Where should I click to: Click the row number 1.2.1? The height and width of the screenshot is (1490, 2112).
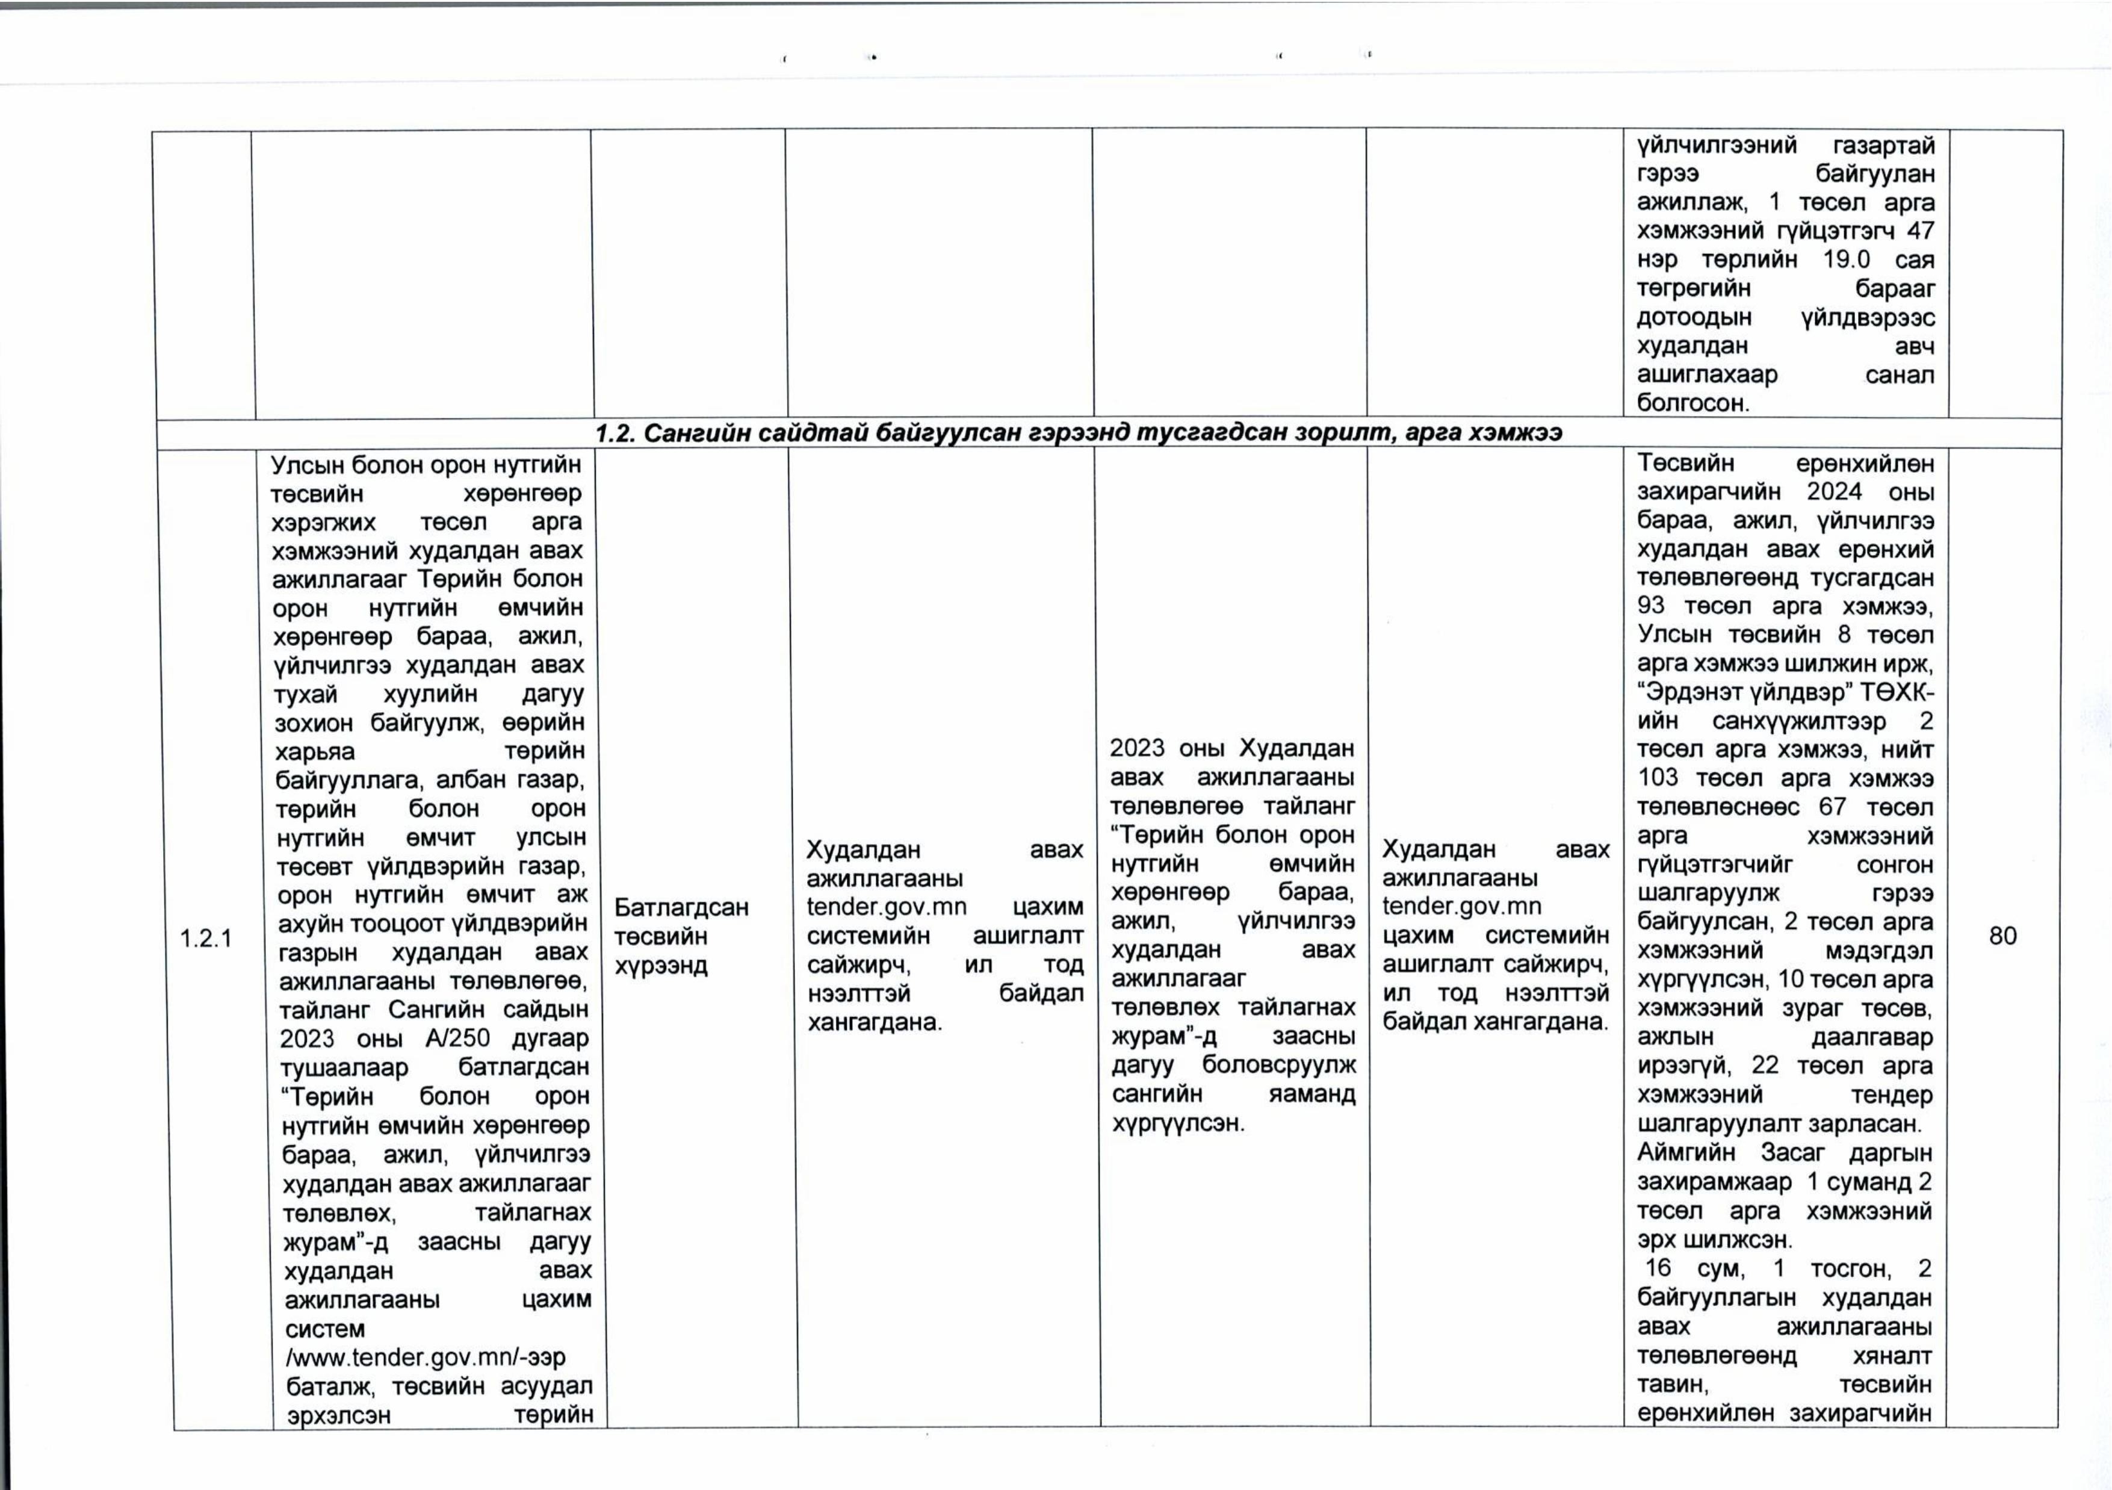[x=206, y=938]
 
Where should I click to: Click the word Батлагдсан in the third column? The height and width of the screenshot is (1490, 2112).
[x=681, y=907]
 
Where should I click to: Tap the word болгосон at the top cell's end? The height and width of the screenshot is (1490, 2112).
[x=1692, y=403]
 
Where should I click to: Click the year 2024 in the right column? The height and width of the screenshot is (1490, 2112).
[x=1835, y=491]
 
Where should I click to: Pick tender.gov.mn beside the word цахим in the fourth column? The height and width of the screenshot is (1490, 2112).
[x=887, y=907]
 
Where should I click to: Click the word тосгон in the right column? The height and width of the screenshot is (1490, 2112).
[x=1851, y=1268]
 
